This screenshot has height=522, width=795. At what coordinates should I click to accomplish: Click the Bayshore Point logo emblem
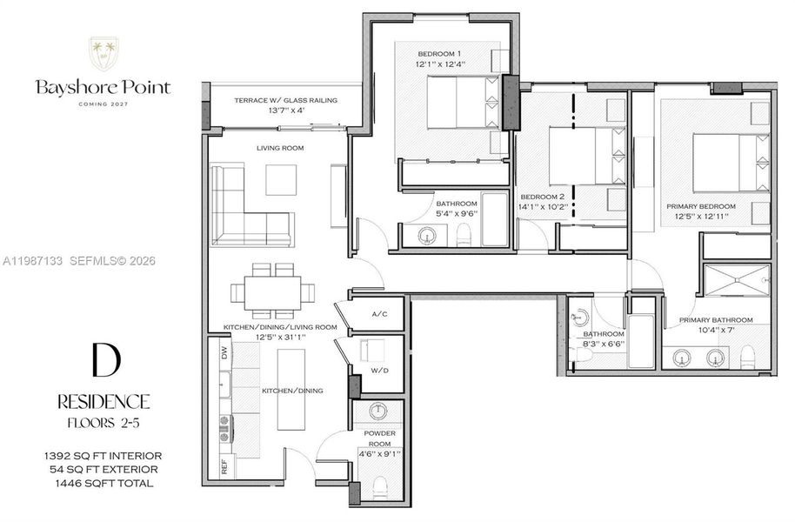click(x=104, y=55)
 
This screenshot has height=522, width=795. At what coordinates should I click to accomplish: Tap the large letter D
click(x=104, y=360)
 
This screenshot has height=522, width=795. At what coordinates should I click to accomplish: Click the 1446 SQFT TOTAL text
click(x=104, y=483)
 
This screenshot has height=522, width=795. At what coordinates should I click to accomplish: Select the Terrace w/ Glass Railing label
click(x=285, y=100)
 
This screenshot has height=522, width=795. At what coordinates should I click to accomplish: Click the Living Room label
click(x=279, y=149)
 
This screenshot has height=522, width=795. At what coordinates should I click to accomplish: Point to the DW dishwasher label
click(x=225, y=354)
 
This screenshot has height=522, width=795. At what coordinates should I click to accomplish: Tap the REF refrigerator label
click(x=225, y=466)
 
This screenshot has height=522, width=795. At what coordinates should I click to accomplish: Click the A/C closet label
click(x=379, y=314)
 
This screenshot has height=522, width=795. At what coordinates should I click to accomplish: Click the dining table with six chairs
click(x=274, y=291)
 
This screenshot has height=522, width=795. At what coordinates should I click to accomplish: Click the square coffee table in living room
click(x=281, y=180)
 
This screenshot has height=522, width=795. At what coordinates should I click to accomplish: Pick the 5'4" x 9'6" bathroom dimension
click(x=457, y=214)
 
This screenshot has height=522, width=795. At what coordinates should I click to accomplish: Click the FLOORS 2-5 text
click(x=104, y=423)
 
